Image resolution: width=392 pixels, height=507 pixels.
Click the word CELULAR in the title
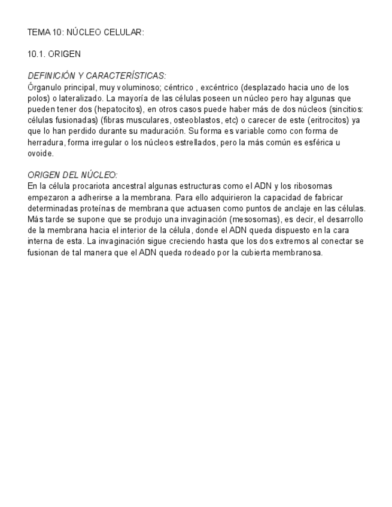126,32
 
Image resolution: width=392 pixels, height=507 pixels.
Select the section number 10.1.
37,54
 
